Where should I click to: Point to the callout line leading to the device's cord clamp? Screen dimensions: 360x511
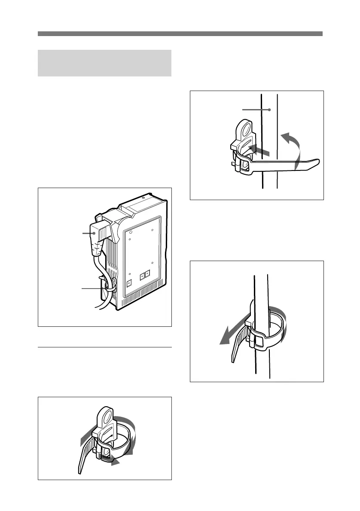pos(92,289)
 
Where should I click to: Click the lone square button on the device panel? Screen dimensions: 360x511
pos(129,284)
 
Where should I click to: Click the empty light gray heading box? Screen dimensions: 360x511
pos(104,63)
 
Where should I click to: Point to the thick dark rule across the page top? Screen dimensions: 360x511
pos(180,33)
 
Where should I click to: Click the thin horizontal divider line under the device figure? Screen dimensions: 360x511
pos(104,347)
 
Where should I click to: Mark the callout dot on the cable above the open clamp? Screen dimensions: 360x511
pos(269,109)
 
